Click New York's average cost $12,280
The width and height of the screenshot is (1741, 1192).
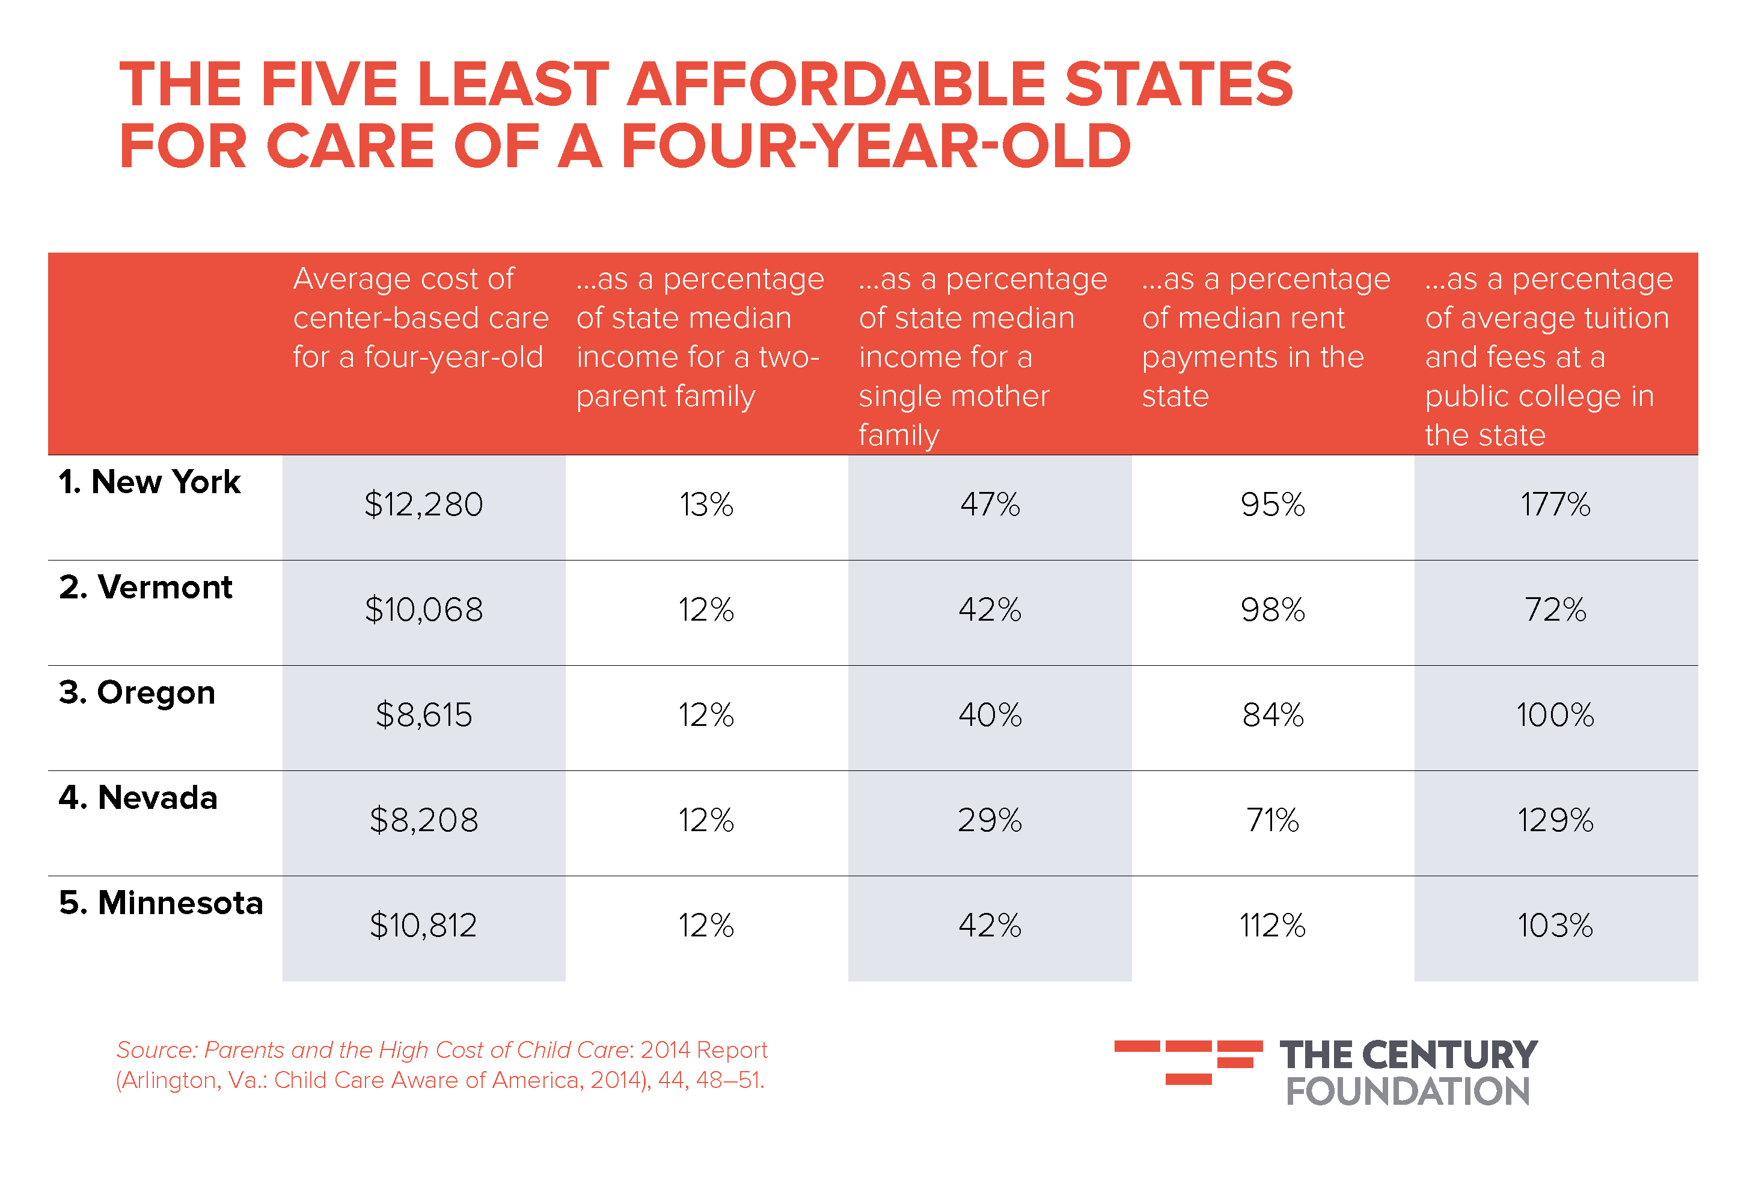(x=423, y=504)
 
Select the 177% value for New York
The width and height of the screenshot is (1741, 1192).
(x=1555, y=504)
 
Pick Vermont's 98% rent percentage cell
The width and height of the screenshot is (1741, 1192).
(x=1272, y=610)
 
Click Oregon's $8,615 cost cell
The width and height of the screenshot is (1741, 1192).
(x=423, y=714)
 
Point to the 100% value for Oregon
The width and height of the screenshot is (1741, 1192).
(x=1555, y=714)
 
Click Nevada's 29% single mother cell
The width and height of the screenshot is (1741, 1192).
(x=990, y=820)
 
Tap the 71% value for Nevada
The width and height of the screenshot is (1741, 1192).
(x=1272, y=820)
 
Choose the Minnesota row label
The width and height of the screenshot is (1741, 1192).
(x=161, y=903)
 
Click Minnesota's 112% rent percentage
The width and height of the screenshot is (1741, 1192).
(x=1272, y=926)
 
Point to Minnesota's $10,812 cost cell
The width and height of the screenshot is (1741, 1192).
(x=423, y=926)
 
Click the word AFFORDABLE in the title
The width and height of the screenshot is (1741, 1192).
(x=835, y=84)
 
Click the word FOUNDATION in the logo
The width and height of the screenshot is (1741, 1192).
(x=1407, y=1092)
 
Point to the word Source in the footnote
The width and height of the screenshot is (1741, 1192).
(x=155, y=1051)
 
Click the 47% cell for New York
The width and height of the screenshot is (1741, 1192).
(x=990, y=504)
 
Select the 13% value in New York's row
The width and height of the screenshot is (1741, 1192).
(x=706, y=504)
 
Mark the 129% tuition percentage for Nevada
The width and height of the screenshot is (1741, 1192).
(x=1555, y=820)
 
